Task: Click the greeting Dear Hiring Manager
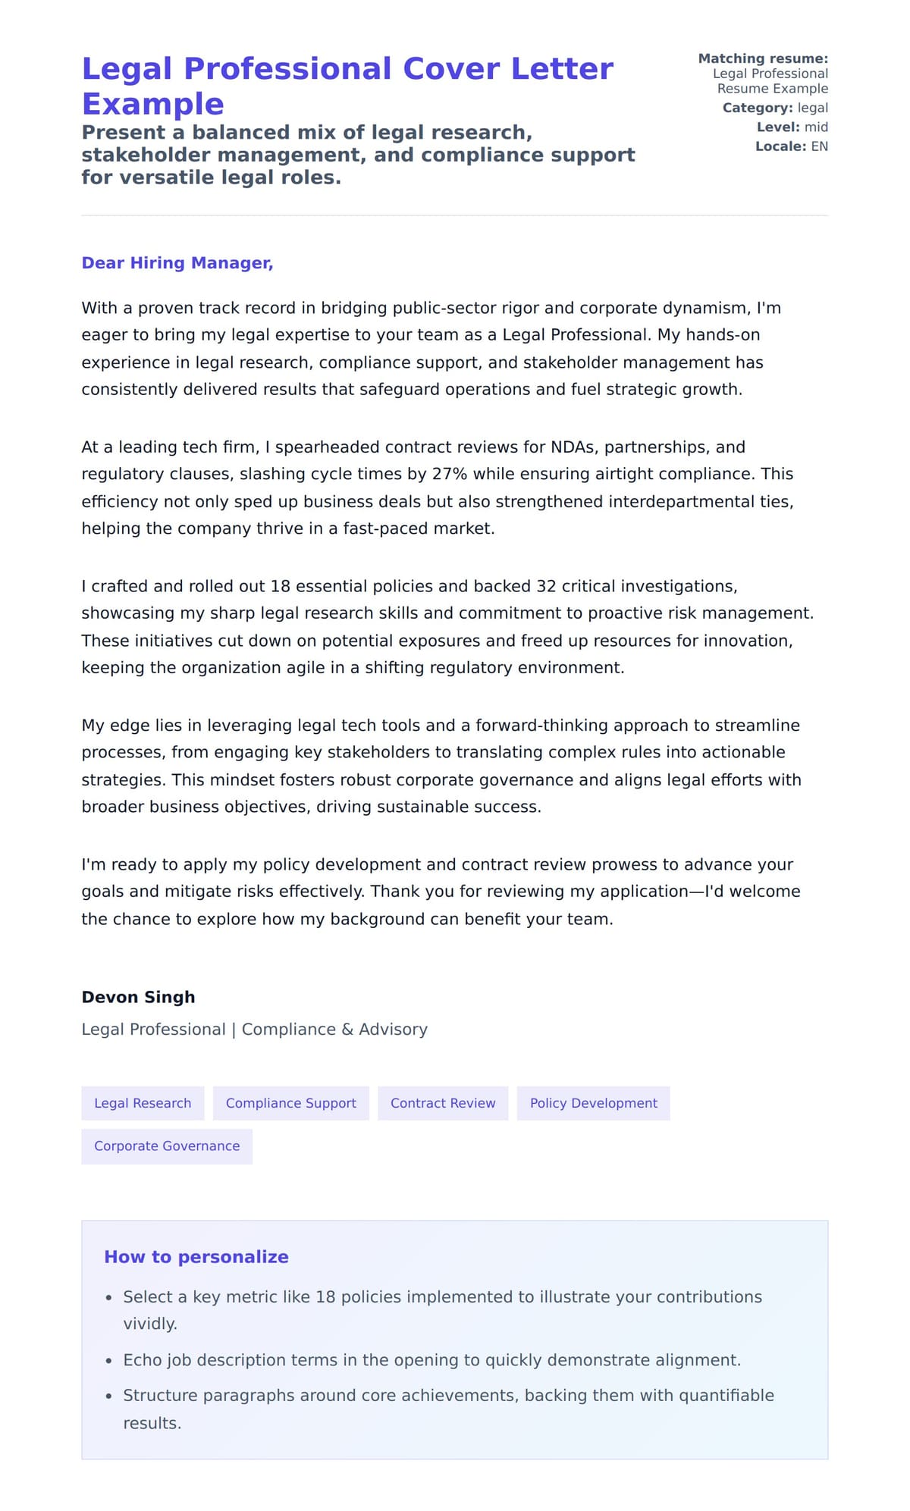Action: pyautogui.click(x=177, y=263)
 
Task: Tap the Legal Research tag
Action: pyautogui.click(x=143, y=1103)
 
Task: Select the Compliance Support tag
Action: pyautogui.click(x=290, y=1103)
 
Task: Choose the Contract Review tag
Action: pyautogui.click(x=443, y=1103)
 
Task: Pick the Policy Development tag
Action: pyautogui.click(x=593, y=1103)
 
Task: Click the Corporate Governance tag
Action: pyautogui.click(x=167, y=1146)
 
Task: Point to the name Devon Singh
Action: pyautogui.click(x=138, y=997)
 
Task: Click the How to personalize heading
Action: pyautogui.click(x=196, y=1256)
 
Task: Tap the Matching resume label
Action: pyautogui.click(x=763, y=58)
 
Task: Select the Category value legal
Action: pyautogui.click(x=812, y=108)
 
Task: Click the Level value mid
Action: pyautogui.click(x=816, y=127)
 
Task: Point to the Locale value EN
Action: pyautogui.click(x=819, y=146)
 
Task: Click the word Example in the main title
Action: pyautogui.click(x=152, y=104)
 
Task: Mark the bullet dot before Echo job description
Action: pyautogui.click(x=109, y=1362)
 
